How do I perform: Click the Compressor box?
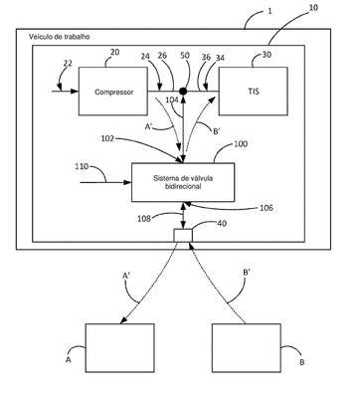pos(113,92)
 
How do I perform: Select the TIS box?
pos(253,92)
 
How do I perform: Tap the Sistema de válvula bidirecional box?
pos(183,182)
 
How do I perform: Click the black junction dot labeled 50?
pos(183,91)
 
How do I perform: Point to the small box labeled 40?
pos(183,235)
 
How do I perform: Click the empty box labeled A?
pos(120,348)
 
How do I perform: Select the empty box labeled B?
pos(247,348)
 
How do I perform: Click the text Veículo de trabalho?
pos(60,37)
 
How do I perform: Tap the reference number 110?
pos(82,166)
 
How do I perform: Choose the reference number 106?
pos(267,208)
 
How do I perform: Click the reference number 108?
pos(144,219)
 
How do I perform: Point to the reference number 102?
pos(107,138)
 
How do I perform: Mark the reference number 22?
pos(68,63)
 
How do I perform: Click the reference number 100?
pos(241,144)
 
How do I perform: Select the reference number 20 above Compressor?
pos(115,52)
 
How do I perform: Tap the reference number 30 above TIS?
pos(267,55)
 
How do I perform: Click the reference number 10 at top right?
pos(313,7)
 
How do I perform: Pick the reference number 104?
pos(172,99)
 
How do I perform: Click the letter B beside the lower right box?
pos(302,362)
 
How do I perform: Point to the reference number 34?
pos(220,58)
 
